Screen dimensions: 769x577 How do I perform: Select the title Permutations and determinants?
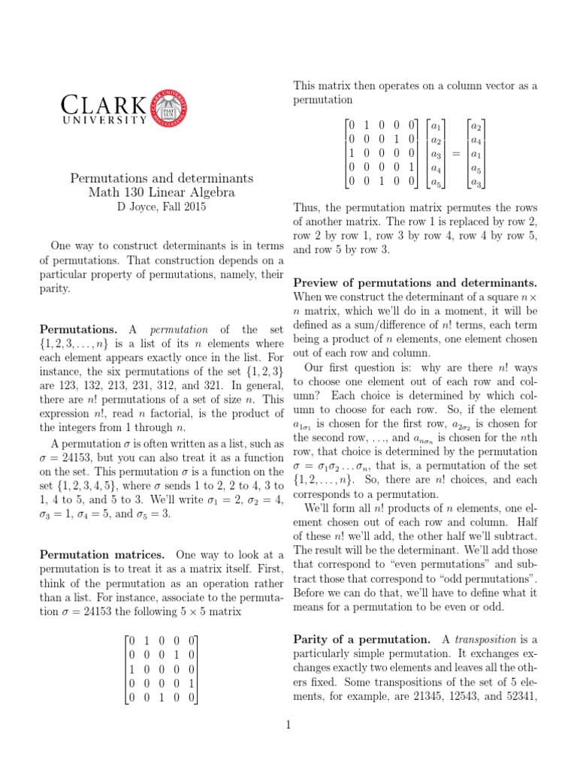[x=162, y=179]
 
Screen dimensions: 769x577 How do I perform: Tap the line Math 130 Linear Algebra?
[x=162, y=192]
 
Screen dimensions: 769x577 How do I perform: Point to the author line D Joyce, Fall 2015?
[x=162, y=206]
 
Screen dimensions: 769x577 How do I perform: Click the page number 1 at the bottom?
[x=288, y=725]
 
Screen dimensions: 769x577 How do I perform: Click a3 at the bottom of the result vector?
[x=476, y=182]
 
